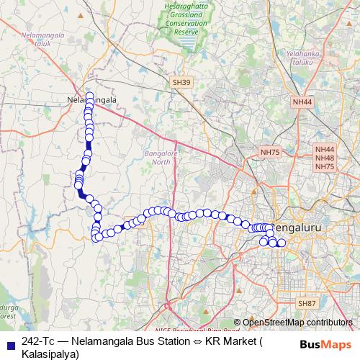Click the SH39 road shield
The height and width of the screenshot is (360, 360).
181,84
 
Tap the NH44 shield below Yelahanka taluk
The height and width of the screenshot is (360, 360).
303,103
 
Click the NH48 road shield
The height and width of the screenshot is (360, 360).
325,158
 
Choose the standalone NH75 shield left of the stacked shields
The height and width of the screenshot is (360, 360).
270,152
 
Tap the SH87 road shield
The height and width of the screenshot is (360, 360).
307,304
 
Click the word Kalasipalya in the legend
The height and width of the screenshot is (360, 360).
44,353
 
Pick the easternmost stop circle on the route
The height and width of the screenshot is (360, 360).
282,244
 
